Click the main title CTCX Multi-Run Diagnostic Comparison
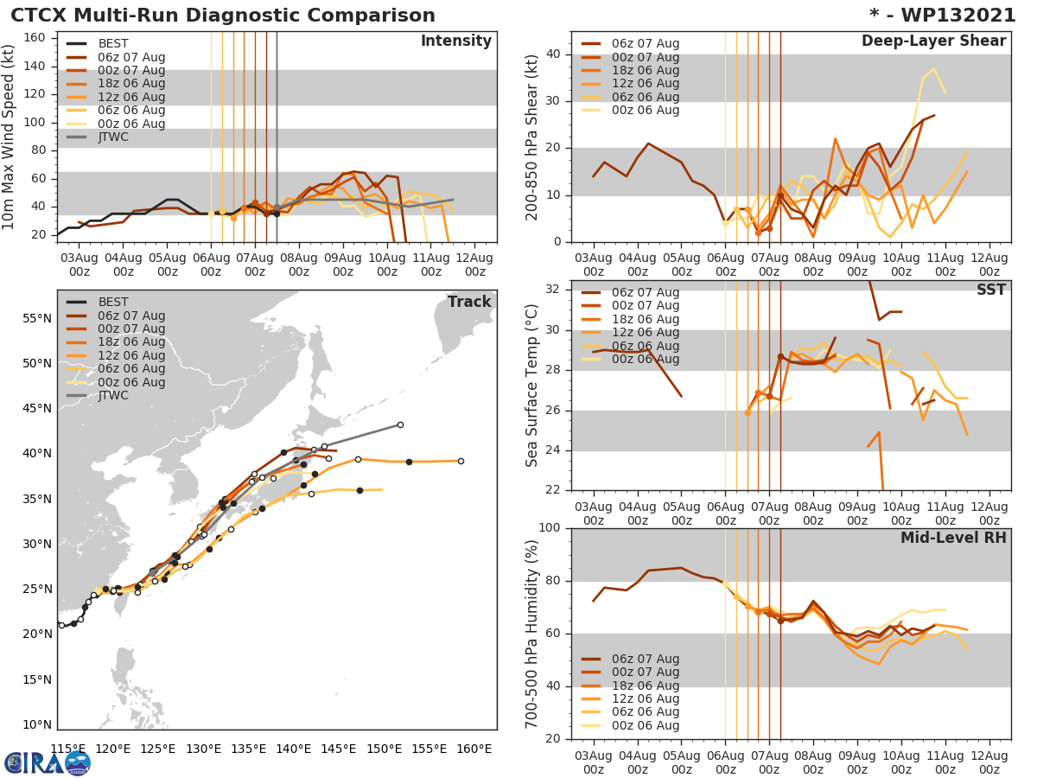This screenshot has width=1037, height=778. pos(223,16)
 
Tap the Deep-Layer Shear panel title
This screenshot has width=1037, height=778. pos(933,41)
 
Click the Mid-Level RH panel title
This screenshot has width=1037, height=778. pos(953,538)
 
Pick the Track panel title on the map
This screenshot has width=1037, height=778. pos(469,302)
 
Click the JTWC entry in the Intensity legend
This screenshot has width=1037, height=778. pos(113,137)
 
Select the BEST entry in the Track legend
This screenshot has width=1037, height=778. pos(113,302)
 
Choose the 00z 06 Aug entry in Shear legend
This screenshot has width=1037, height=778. pos(646,110)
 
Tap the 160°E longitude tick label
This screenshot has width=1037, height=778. pos(474,749)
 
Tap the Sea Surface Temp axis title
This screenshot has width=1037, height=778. pos(532,386)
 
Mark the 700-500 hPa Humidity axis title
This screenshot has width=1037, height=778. pos(532,634)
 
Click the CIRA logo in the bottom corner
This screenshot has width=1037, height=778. pos(48,762)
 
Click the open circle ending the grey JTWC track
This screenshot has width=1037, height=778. pos(400,424)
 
